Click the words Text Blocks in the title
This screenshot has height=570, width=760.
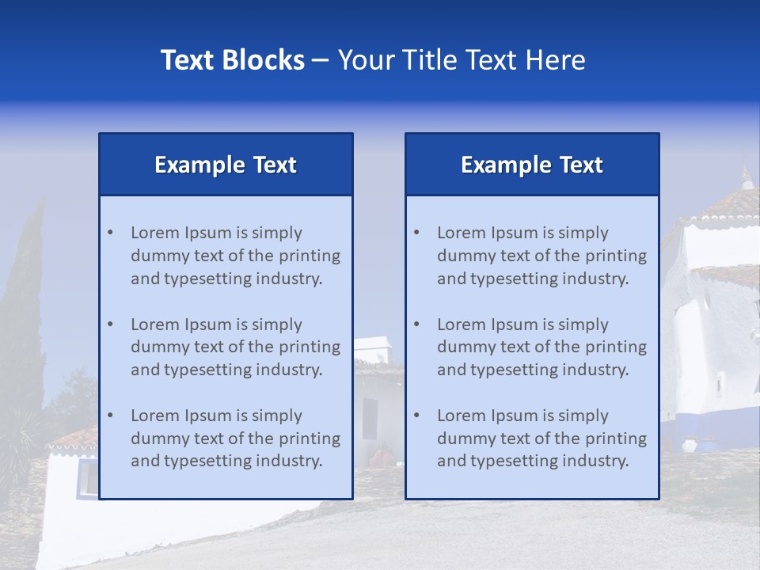click(x=232, y=60)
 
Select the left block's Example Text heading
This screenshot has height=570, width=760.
click(x=226, y=165)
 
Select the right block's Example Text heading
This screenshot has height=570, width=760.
click(x=532, y=165)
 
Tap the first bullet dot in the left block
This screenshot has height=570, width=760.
click(x=111, y=233)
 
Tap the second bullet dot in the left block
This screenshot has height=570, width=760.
click(x=111, y=325)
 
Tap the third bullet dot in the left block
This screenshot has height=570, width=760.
click(x=111, y=416)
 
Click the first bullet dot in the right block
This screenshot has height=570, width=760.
click(x=417, y=233)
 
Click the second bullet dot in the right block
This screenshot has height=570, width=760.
click(x=417, y=325)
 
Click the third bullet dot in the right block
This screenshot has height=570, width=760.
click(x=417, y=416)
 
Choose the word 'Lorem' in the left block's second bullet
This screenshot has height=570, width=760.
click(x=155, y=325)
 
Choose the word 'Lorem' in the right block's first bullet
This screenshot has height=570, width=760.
click(x=462, y=233)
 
